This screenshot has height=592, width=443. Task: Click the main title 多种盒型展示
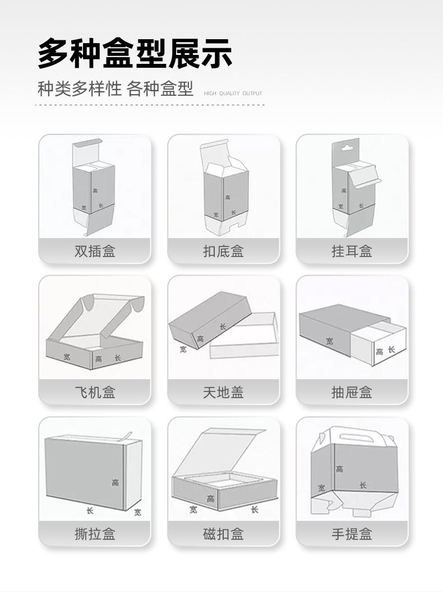[x=135, y=54]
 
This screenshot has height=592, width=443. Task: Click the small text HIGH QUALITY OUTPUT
[x=233, y=94]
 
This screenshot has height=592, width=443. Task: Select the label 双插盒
[x=95, y=251]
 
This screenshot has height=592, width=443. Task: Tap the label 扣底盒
[x=223, y=251]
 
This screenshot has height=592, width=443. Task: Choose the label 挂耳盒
[x=352, y=251]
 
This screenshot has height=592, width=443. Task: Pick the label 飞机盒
[x=95, y=393]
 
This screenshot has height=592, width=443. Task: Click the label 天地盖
[x=223, y=393]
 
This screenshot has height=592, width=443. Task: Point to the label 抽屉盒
[x=352, y=393]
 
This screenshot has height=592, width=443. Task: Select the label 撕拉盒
[x=95, y=534]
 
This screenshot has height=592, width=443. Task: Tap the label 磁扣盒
[x=223, y=534]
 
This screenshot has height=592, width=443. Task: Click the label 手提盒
[x=352, y=534]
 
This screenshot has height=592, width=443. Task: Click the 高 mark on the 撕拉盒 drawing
[x=116, y=483]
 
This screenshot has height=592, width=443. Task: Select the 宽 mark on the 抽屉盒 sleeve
[x=329, y=341]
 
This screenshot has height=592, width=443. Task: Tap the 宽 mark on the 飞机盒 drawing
[x=66, y=355]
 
